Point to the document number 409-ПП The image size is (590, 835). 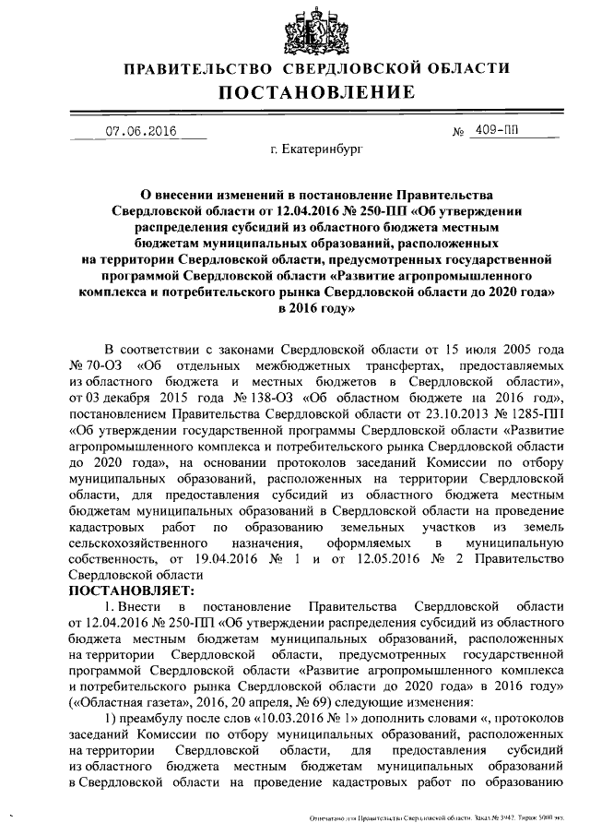pyautogui.click(x=496, y=131)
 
